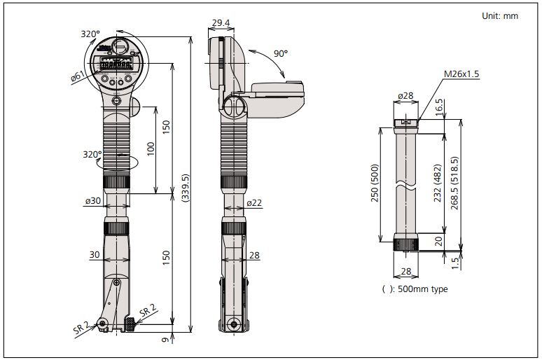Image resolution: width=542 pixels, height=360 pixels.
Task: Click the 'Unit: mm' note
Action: (x=500, y=15)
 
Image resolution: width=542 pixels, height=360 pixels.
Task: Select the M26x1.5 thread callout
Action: (x=461, y=74)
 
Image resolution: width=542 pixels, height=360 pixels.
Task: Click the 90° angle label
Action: (x=281, y=53)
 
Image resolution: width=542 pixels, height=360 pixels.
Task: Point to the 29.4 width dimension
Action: (x=221, y=23)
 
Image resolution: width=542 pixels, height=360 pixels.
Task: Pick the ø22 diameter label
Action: (x=254, y=203)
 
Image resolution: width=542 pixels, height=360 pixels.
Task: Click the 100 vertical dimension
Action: (x=149, y=148)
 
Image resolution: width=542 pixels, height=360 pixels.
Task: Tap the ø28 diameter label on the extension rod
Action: (x=405, y=95)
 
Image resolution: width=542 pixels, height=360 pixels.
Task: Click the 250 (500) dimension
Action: (x=375, y=184)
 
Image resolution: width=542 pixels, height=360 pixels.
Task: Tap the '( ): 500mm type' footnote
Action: (x=415, y=289)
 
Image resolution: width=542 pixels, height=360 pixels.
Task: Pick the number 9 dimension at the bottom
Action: (x=165, y=341)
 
